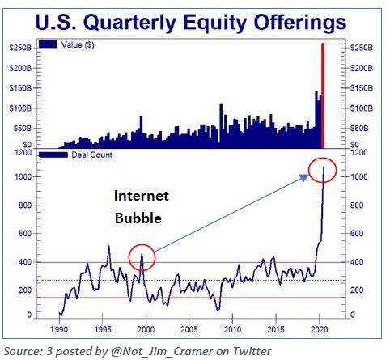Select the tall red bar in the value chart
coord(323,95)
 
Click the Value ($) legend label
coord(78,44)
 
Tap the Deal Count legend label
coord(91,155)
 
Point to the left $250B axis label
coord(20,48)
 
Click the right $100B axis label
coord(362,108)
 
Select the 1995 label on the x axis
coord(103,329)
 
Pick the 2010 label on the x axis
coord(232,329)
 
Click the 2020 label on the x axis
coord(320,329)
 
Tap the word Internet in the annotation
coord(142,196)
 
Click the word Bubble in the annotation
coord(138,218)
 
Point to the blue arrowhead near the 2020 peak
coord(305,177)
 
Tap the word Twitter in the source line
coord(252,351)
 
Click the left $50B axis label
coord(23,128)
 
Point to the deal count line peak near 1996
coord(109,246)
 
